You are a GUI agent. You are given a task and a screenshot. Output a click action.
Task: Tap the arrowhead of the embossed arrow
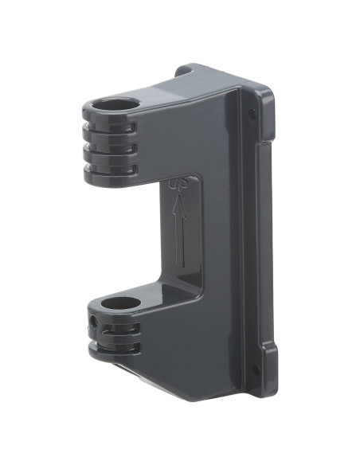point(180,205)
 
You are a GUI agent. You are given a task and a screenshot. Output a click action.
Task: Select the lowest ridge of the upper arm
point(108,169)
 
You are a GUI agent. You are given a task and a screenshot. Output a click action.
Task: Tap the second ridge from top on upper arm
point(108,141)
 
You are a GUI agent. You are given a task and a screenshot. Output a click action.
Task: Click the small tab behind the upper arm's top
point(183,70)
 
